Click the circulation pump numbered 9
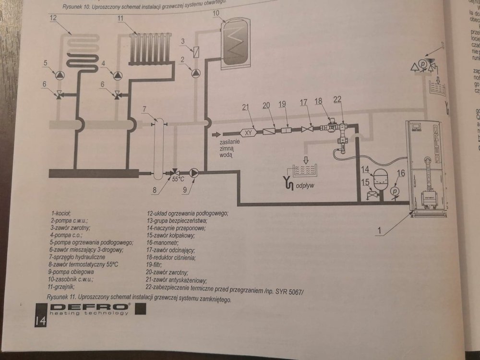pyautogui.click(x=194, y=172)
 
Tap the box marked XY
pyautogui.click(x=249, y=131)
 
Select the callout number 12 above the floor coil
pyautogui.click(x=53, y=17)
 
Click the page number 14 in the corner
pyautogui.click(x=39, y=321)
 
